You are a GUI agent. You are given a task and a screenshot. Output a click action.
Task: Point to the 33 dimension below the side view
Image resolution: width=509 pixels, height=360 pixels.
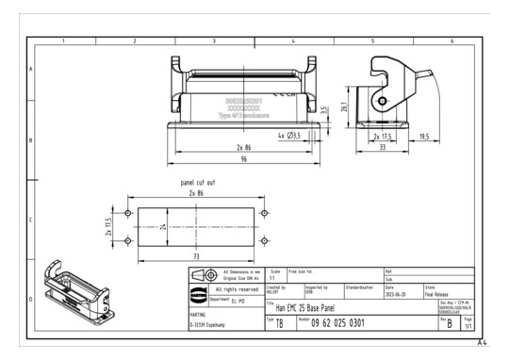383,148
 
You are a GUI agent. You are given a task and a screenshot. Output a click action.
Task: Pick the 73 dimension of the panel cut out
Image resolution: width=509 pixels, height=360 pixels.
195,255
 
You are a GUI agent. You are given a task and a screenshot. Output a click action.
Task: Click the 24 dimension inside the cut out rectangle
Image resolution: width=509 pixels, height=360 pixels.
162,227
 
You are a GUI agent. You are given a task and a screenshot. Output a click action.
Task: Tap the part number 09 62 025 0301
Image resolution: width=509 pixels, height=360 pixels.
332,324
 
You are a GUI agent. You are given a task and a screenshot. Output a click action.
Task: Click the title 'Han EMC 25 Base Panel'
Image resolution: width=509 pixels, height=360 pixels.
300,308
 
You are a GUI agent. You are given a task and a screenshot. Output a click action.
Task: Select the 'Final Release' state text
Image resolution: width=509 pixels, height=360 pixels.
440,293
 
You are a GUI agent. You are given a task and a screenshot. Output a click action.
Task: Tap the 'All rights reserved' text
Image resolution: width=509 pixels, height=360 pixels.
231,288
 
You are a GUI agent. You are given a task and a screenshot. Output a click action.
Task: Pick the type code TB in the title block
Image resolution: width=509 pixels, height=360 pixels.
279,324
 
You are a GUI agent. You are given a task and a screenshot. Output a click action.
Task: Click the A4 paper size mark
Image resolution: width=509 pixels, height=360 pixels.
482,343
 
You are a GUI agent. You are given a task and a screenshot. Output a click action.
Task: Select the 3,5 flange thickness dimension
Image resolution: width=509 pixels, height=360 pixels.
323,109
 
